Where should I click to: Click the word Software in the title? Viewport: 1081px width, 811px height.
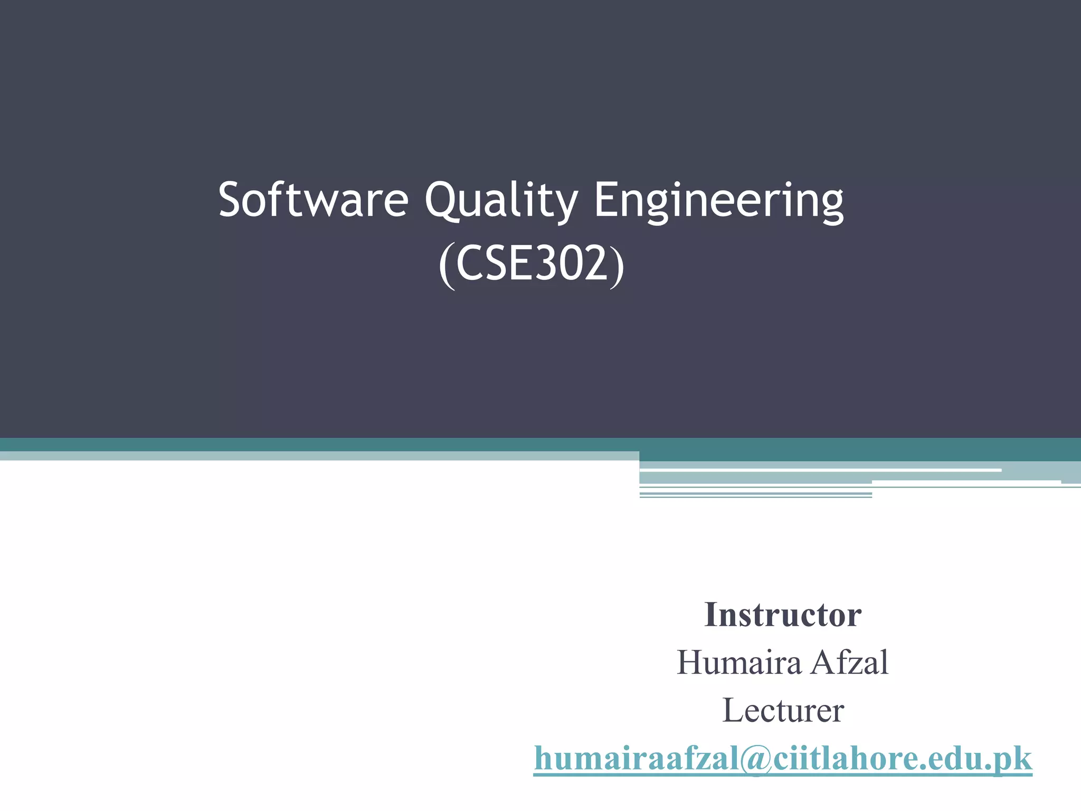(314, 200)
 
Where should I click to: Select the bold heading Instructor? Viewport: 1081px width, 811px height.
(783, 615)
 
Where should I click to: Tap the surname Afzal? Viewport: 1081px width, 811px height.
(850, 663)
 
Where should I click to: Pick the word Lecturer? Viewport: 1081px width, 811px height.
(783, 711)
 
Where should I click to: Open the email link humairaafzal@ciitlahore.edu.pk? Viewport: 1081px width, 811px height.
(783, 759)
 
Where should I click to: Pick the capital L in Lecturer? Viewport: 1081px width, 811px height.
(733, 711)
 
